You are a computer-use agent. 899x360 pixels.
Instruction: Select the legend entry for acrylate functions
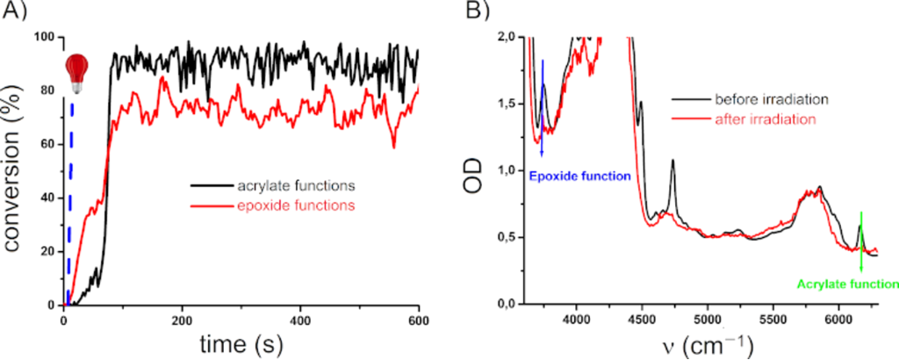pos(273,185)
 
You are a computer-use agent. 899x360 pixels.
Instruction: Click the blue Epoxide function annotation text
pos(580,176)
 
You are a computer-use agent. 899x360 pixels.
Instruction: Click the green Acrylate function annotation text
pos(847,284)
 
